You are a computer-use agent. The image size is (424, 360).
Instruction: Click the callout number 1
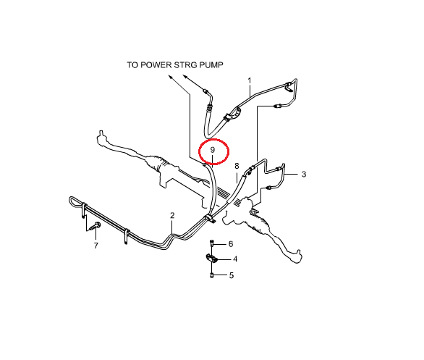pyautogui.click(x=250, y=80)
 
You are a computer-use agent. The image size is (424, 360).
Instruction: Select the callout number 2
pyautogui.click(x=172, y=215)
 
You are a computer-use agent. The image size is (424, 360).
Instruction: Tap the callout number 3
pyautogui.click(x=304, y=175)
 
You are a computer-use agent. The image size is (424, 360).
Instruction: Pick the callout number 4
pyautogui.click(x=235, y=259)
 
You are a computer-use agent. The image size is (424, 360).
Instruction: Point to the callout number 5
pyautogui.click(x=232, y=275)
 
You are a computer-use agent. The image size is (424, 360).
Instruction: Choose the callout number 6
pyautogui.click(x=231, y=244)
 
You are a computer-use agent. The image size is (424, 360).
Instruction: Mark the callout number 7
pyautogui.click(x=96, y=246)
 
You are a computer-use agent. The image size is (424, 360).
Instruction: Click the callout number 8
pyautogui.click(x=237, y=166)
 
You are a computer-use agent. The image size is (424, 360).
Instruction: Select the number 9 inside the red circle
pyautogui.click(x=213, y=150)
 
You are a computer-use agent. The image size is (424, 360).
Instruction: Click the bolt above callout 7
pyautogui.click(x=96, y=226)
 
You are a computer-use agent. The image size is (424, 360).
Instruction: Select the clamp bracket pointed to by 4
pyautogui.click(x=211, y=259)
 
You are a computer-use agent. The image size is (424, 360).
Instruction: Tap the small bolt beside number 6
pyautogui.click(x=212, y=243)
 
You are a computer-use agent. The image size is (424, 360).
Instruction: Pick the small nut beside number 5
pyautogui.click(x=212, y=275)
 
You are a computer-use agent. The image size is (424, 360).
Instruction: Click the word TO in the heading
pyautogui.click(x=133, y=65)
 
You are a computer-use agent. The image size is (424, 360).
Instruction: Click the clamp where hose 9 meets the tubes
pyautogui.click(x=210, y=219)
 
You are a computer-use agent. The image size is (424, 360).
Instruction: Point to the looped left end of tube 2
pyautogui.click(x=72, y=200)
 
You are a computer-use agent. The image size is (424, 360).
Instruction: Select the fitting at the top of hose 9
pyautogui.click(x=205, y=164)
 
